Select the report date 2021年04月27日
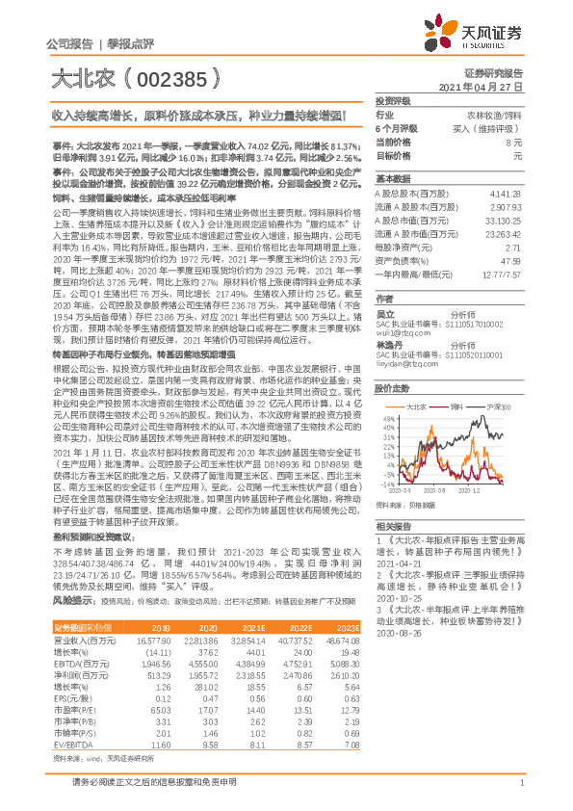coord(480,87)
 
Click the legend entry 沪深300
coord(498,407)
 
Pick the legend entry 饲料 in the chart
coord(456,407)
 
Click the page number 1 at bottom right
coord(520,787)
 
